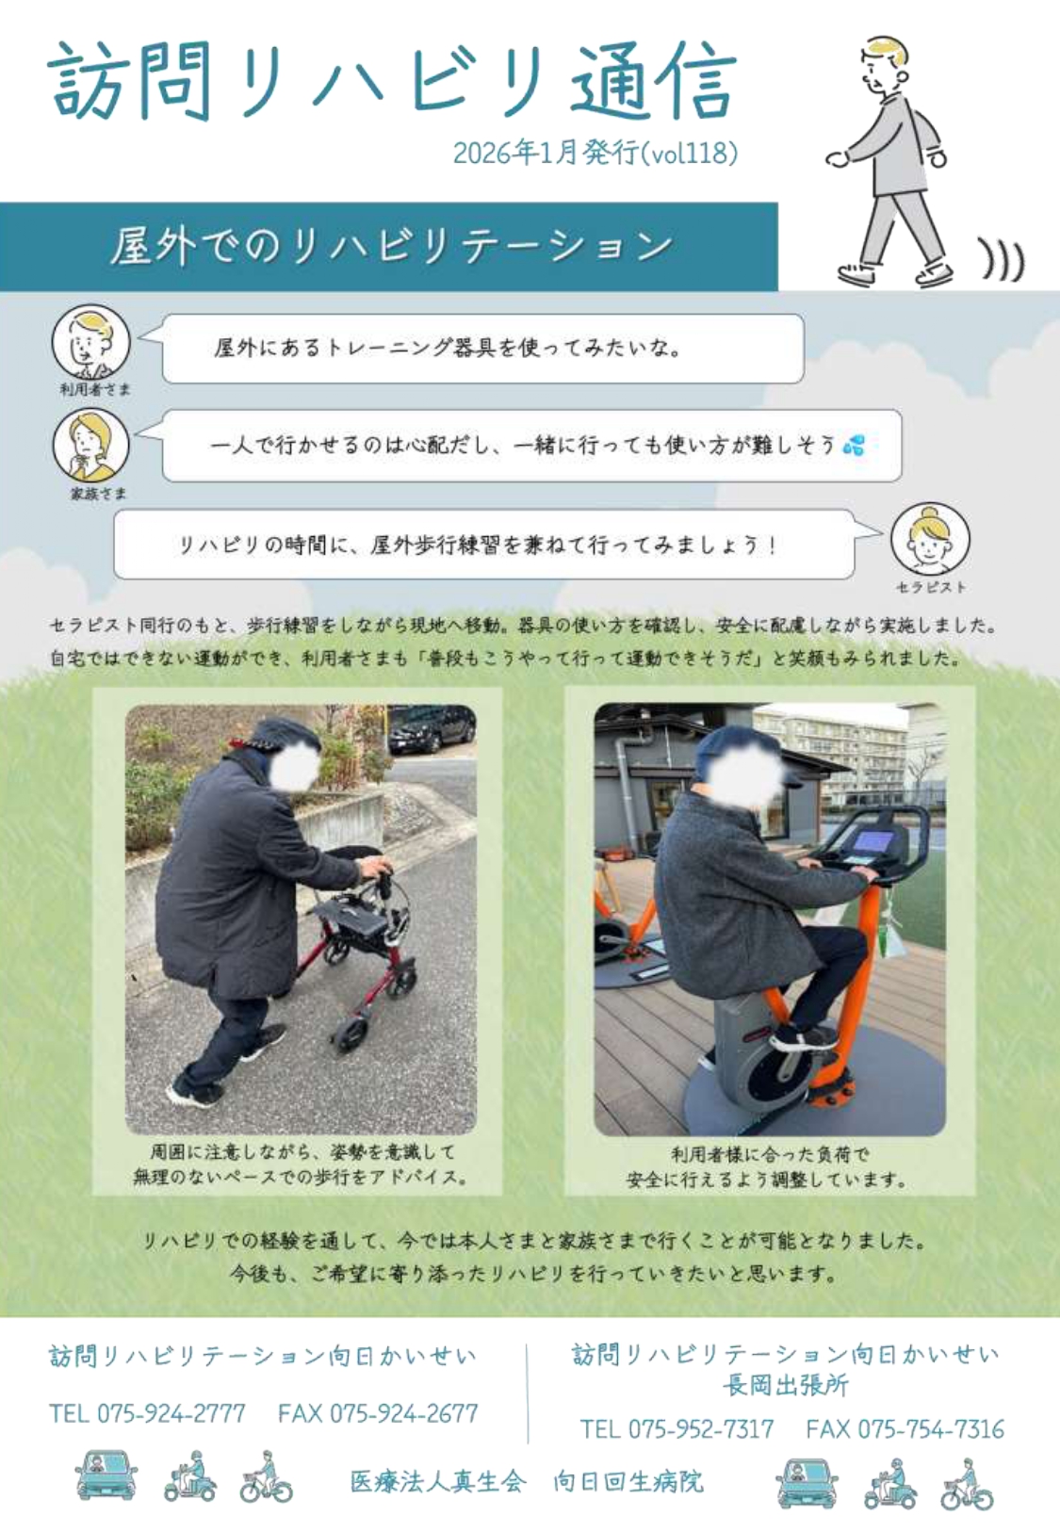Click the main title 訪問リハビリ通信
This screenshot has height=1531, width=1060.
point(392,82)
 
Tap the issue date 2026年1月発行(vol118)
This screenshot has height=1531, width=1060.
point(595,153)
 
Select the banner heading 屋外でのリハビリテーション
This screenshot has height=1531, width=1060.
point(392,246)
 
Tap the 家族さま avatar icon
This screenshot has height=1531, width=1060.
point(90,445)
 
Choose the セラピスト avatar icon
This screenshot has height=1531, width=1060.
point(930,540)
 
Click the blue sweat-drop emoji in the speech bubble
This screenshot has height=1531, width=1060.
point(855,445)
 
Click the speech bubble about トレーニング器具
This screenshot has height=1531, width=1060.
point(482,349)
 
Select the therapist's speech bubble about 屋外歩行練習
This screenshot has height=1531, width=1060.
point(484,545)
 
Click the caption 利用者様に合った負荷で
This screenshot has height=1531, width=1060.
point(770,1154)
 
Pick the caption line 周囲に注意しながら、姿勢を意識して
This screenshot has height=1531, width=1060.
point(302,1152)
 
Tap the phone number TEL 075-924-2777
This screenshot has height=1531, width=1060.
point(147,1412)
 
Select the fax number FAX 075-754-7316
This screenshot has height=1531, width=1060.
point(905,1428)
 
